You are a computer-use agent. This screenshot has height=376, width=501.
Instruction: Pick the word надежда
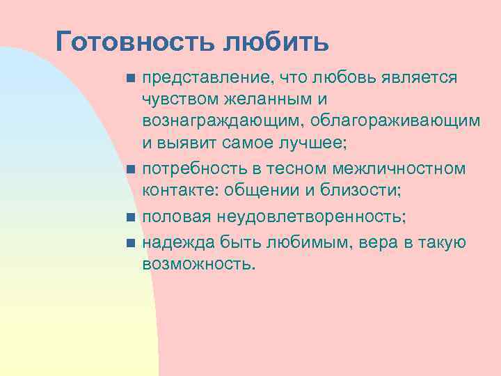177,242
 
